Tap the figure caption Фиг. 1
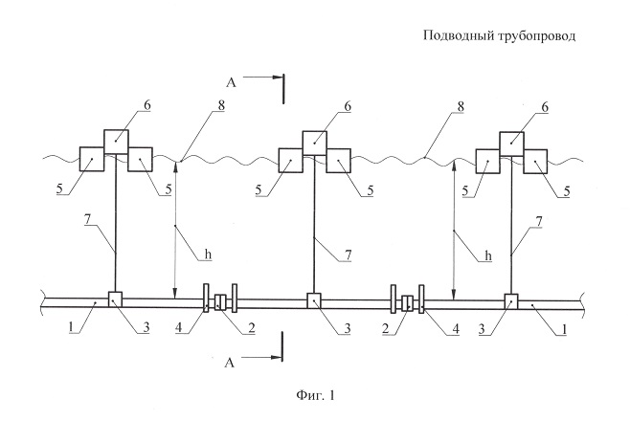coord(315,396)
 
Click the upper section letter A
coord(231,82)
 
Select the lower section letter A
coord(230,363)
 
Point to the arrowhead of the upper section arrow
coord(277,78)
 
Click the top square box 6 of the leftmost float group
coord(116,142)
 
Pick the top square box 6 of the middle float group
coord(315,143)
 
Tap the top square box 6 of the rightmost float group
coord(512,144)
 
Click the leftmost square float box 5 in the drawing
coord(92,160)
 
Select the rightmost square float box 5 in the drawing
coord(535,162)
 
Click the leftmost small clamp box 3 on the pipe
coord(115,299)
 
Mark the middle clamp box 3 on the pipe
coord(314,300)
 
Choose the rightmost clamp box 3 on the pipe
coord(511,301)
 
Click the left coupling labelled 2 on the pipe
coord(220,301)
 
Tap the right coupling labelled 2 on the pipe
coord(408,303)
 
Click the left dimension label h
coord(208,255)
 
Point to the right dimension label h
coord(488,255)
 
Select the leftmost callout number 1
coord(72,327)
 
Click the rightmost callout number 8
coord(461,107)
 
